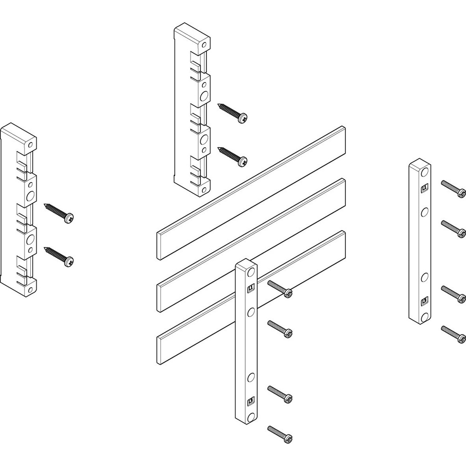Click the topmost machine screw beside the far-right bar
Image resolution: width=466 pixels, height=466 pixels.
(453, 188)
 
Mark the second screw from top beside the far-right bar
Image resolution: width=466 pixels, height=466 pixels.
(453, 228)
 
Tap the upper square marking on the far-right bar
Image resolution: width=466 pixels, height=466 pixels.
(425, 188)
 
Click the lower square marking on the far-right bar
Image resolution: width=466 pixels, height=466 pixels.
(425, 301)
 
